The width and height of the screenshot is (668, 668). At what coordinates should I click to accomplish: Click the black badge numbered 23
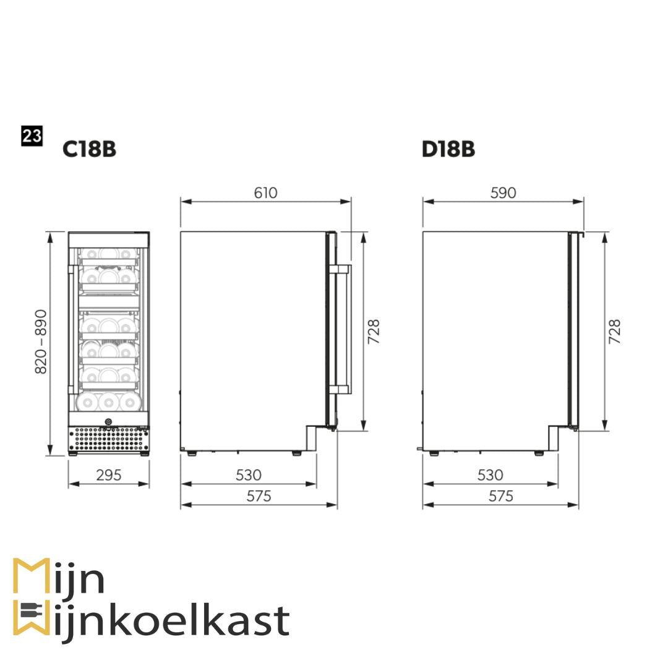[32, 136]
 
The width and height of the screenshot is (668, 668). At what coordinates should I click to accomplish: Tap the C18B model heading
[89, 149]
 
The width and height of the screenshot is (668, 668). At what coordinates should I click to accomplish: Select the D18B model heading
[448, 149]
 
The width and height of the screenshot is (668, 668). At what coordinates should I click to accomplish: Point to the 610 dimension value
[265, 193]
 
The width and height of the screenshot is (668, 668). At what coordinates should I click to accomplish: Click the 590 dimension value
[503, 193]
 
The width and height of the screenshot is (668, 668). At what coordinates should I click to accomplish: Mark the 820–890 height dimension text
[41, 341]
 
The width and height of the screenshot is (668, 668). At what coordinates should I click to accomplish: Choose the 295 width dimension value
[109, 475]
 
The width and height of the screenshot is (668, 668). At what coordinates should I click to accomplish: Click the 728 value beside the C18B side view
[374, 332]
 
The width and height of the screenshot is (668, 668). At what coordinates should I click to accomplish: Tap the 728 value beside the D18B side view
[615, 332]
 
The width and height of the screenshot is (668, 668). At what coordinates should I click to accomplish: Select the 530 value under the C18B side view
[249, 475]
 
